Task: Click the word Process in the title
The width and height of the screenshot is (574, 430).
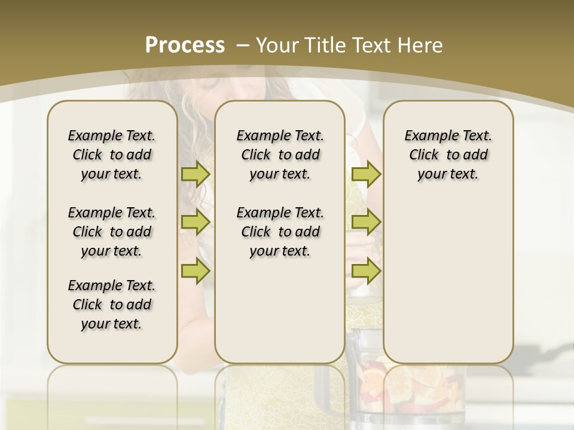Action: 185,45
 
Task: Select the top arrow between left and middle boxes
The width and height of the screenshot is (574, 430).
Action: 196,174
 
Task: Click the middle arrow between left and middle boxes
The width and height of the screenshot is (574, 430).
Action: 196,222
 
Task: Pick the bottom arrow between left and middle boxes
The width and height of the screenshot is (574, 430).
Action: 196,271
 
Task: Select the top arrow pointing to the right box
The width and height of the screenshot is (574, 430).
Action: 366,174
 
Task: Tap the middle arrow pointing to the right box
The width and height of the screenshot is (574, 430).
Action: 366,222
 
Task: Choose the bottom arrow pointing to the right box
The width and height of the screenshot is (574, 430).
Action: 366,271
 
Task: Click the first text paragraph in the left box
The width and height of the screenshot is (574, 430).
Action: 112,155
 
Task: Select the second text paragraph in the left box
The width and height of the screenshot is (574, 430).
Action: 112,232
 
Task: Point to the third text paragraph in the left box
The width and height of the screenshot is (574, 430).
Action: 112,305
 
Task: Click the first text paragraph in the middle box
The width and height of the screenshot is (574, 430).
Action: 280,155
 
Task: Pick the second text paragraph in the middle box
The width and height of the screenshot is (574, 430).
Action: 280,232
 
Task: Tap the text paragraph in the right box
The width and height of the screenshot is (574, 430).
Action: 448,155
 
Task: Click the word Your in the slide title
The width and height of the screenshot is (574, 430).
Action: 278,45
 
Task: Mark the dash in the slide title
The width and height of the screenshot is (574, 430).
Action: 243,45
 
